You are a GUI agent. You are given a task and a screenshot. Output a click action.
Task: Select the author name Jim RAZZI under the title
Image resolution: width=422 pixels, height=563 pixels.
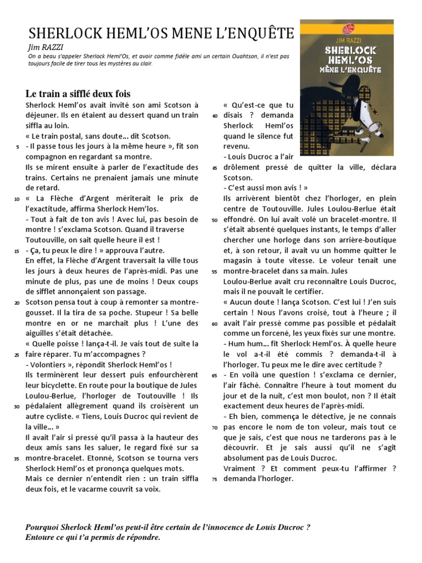[x=45, y=47]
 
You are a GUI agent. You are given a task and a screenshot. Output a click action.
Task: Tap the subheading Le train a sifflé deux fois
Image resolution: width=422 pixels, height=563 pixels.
[x=78, y=93]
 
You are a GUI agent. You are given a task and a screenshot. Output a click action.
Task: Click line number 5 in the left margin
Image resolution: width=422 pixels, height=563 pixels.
[x=18, y=147]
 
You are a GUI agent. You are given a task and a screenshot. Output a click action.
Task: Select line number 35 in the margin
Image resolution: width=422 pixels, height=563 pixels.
[x=17, y=459]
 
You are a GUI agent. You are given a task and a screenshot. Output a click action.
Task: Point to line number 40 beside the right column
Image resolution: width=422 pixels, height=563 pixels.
[x=215, y=115]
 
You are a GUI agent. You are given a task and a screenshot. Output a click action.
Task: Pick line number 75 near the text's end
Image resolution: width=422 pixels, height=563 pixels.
[x=215, y=479]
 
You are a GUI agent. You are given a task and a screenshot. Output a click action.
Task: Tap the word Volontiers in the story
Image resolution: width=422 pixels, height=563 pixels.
[x=51, y=365]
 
